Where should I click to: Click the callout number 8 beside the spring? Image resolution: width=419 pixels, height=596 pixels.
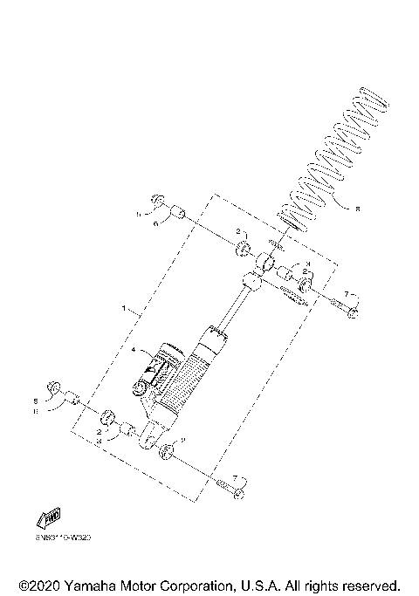click(357, 209)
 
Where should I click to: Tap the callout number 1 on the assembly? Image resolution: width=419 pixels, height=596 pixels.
click(125, 310)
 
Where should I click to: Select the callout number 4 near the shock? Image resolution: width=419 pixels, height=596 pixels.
click(134, 351)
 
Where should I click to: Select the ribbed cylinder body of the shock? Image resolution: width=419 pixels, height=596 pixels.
click(188, 375)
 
